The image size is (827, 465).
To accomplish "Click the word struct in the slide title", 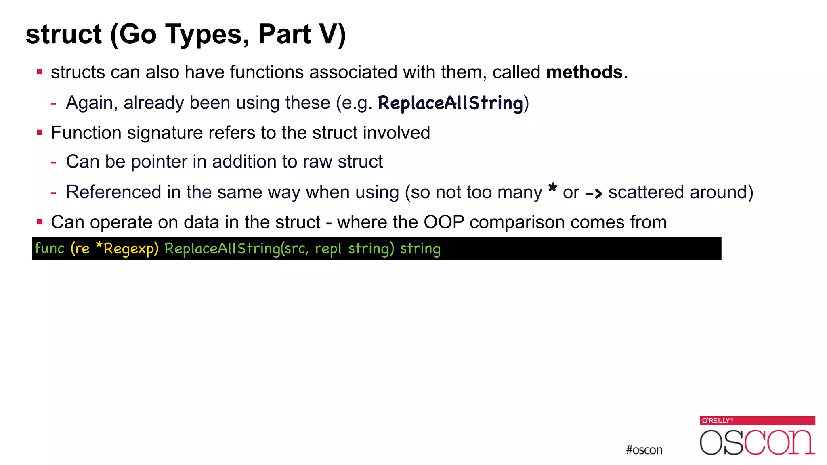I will [63, 34].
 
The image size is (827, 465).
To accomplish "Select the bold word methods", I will [584, 72].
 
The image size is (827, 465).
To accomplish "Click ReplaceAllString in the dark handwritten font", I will [450, 103].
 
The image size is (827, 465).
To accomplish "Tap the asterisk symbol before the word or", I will [552, 189].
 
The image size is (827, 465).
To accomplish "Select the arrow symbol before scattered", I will [594, 194].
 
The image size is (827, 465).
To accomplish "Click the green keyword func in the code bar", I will [50, 248].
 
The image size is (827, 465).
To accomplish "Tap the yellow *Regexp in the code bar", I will [127, 249].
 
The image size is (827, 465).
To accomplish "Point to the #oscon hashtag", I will [644, 450].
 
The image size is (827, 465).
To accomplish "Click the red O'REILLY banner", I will [757, 421].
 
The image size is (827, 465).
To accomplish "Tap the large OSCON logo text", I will [757, 442].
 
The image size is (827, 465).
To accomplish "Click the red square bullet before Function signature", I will [40, 132].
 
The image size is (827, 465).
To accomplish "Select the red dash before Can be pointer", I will [53, 162].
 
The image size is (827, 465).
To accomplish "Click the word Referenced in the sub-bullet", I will [113, 192].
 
